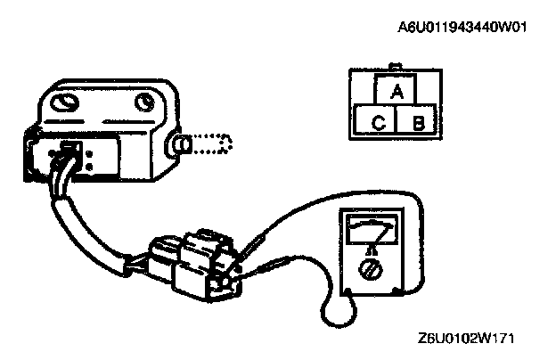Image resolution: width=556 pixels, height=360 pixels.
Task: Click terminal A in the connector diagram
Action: click(x=397, y=91)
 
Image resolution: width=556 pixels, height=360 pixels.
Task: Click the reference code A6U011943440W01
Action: click(x=462, y=28)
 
